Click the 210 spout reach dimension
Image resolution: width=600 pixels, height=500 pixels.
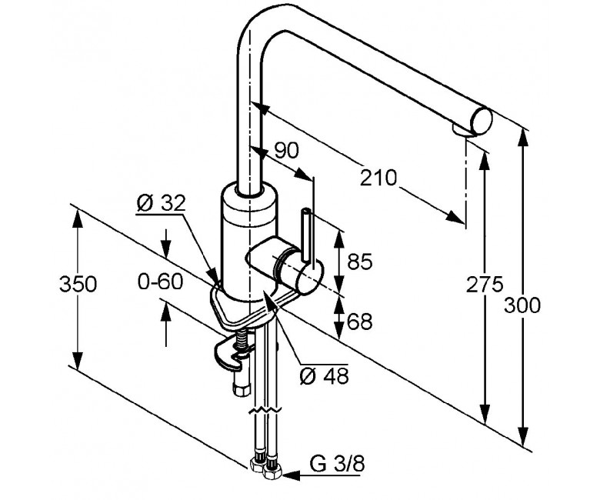(378, 178)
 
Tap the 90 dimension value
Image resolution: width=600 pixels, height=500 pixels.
(286, 151)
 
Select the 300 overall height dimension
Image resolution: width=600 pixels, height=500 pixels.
(522, 305)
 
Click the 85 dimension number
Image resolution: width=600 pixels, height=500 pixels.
(360, 262)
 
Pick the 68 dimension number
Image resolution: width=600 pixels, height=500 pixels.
(360, 322)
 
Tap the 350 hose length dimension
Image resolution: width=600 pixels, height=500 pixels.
(78, 284)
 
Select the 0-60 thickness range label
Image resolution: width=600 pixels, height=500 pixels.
(161, 282)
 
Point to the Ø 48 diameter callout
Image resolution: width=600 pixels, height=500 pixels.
(324, 375)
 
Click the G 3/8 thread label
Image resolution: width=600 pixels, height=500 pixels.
(337, 465)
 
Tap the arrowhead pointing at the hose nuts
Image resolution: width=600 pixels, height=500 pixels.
(292, 475)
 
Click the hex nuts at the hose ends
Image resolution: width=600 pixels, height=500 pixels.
(266, 468)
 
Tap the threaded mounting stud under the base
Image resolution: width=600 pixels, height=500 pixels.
(242, 341)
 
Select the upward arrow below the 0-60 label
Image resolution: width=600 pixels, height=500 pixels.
(166, 323)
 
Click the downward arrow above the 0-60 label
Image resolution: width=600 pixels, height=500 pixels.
(166, 243)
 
